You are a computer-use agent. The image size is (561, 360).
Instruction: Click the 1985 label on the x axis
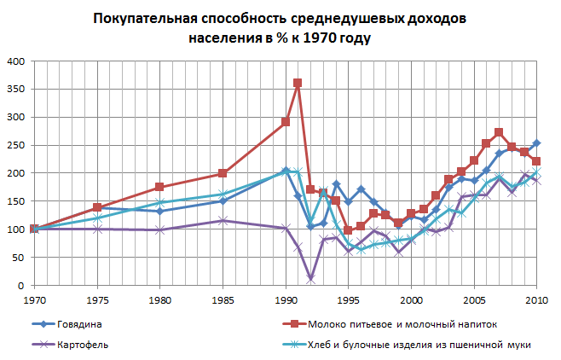click(x=223, y=299)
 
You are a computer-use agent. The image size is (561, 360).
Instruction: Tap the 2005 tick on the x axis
click(x=474, y=299)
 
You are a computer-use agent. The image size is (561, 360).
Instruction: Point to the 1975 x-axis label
click(x=97, y=299)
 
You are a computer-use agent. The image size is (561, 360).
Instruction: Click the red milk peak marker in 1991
click(x=298, y=84)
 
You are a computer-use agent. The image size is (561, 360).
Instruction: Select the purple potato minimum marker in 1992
click(x=310, y=278)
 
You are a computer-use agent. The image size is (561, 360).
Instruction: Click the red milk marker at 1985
click(x=223, y=174)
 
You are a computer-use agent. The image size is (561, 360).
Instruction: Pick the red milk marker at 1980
click(x=159, y=188)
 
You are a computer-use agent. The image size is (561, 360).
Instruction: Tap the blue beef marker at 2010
click(x=536, y=143)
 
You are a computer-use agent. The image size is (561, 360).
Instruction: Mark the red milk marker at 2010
click(x=536, y=161)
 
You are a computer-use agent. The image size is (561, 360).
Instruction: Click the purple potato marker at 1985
click(x=223, y=221)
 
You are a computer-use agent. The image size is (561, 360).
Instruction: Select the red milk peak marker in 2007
click(x=499, y=133)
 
